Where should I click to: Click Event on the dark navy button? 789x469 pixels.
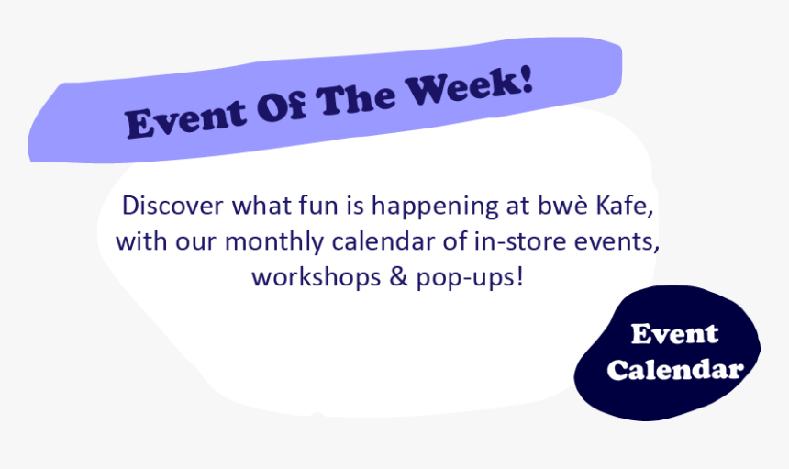[x=674, y=334]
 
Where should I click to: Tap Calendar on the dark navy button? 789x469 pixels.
[x=674, y=370]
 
